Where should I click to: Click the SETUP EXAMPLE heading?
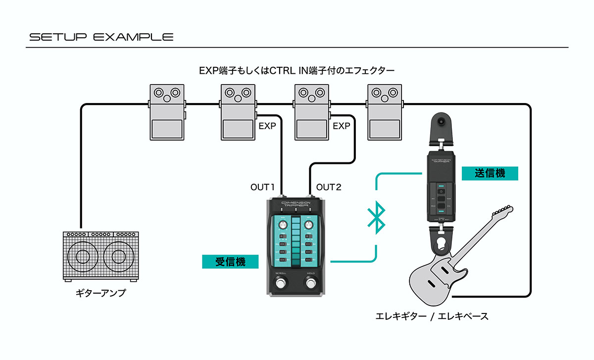click(x=101, y=37)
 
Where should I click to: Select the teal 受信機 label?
click(x=230, y=261)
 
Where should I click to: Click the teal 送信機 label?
click(x=490, y=173)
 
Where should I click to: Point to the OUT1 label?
click(x=262, y=187)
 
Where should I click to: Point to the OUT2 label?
click(x=329, y=187)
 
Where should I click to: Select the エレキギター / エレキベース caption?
click(x=432, y=316)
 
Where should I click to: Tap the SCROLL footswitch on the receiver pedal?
click(x=281, y=284)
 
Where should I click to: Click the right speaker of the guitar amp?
click(x=119, y=257)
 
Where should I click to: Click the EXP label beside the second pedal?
click(x=267, y=126)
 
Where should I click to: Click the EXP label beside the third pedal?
click(x=341, y=126)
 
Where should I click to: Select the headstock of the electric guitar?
click(x=503, y=210)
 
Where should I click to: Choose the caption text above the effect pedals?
click(x=297, y=70)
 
